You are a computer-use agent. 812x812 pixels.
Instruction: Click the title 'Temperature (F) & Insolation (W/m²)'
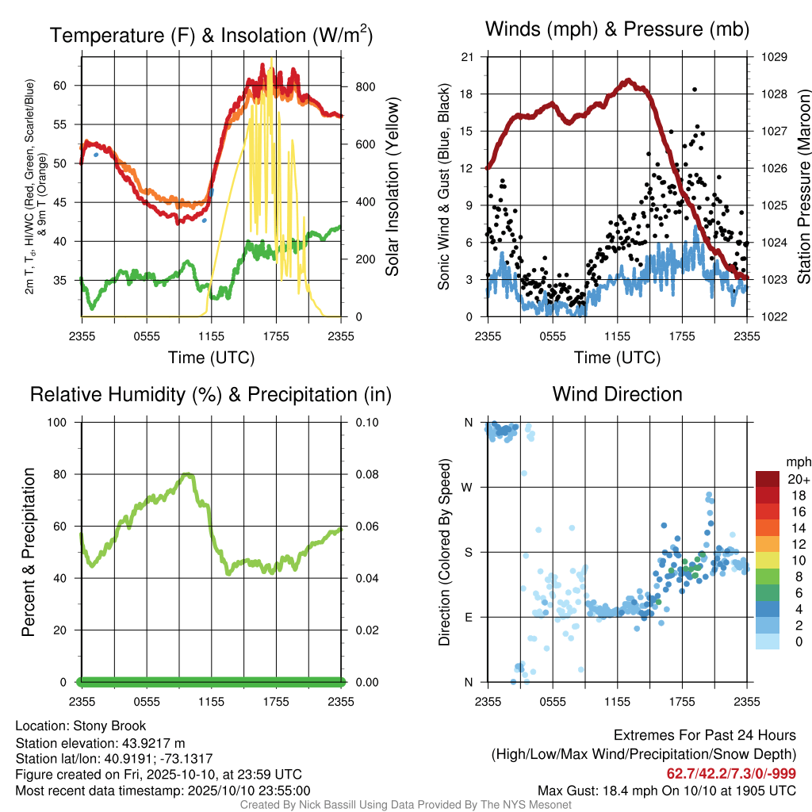coord(211,35)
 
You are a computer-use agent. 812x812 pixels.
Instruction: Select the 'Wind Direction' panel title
coord(617,394)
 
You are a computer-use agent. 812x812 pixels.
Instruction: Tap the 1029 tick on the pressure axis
coord(774,57)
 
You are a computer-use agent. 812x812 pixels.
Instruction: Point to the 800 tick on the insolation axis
coord(365,87)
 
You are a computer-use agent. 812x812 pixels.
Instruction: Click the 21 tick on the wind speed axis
coord(468,57)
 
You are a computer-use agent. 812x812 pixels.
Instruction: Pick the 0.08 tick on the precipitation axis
coord(367,474)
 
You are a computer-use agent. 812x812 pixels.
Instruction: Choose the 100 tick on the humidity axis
coord(57,423)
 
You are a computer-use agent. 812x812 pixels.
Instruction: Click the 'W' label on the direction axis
coord(467,488)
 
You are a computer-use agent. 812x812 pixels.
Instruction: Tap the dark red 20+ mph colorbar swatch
coord(768,479)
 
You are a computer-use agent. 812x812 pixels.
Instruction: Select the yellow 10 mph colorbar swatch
coord(768,561)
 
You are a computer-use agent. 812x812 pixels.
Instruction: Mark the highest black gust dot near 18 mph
coord(695,90)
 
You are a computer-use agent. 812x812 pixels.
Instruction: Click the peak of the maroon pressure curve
coord(628,81)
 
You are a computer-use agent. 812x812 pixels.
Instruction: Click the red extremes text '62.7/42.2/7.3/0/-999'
coord(731,774)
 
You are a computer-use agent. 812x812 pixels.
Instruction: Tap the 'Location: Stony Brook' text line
coord(81,726)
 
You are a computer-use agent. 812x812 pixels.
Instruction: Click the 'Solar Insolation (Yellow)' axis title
coord(393,186)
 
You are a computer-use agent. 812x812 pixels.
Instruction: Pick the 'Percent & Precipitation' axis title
coord(28,552)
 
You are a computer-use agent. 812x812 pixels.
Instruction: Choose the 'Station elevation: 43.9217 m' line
coord(101,744)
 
